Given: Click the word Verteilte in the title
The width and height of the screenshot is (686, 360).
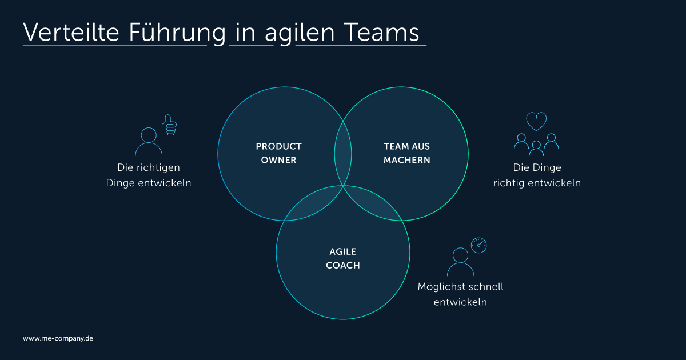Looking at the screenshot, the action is [x=71, y=32].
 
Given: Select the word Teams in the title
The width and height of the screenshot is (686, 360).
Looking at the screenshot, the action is [x=382, y=32].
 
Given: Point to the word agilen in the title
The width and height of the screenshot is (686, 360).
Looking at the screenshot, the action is [x=300, y=33].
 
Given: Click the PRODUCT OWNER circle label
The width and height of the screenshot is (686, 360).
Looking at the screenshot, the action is [x=279, y=153].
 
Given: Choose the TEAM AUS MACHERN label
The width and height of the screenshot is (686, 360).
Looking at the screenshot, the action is [x=406, y=153].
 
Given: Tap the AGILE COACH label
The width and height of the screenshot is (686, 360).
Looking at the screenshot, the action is [x=343, y=258].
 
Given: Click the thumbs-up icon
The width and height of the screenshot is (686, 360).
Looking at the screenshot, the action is [x=170, y=125].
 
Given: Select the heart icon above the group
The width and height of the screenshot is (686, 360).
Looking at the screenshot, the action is [x=536, y=121].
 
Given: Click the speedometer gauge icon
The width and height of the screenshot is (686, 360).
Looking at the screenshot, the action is [x=478, y=245].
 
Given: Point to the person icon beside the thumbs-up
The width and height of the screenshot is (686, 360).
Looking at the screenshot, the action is [x=149, y=142].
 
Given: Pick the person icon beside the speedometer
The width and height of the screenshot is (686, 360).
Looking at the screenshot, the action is [x=461, y=262].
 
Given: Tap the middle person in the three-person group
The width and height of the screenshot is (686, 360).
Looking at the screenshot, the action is [x=536, y=148].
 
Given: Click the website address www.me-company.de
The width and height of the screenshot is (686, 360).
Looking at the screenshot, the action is [x=58, y=338].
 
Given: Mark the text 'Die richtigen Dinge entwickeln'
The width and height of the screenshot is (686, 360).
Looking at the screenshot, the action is [x=149, y=175].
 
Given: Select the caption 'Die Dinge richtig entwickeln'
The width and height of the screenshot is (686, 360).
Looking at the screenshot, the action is [x=537, y=175].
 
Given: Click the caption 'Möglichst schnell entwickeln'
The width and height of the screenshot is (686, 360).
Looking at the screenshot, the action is [x=460, y=294].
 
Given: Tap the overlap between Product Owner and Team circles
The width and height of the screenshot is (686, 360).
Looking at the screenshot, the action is [x=343, y=153].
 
